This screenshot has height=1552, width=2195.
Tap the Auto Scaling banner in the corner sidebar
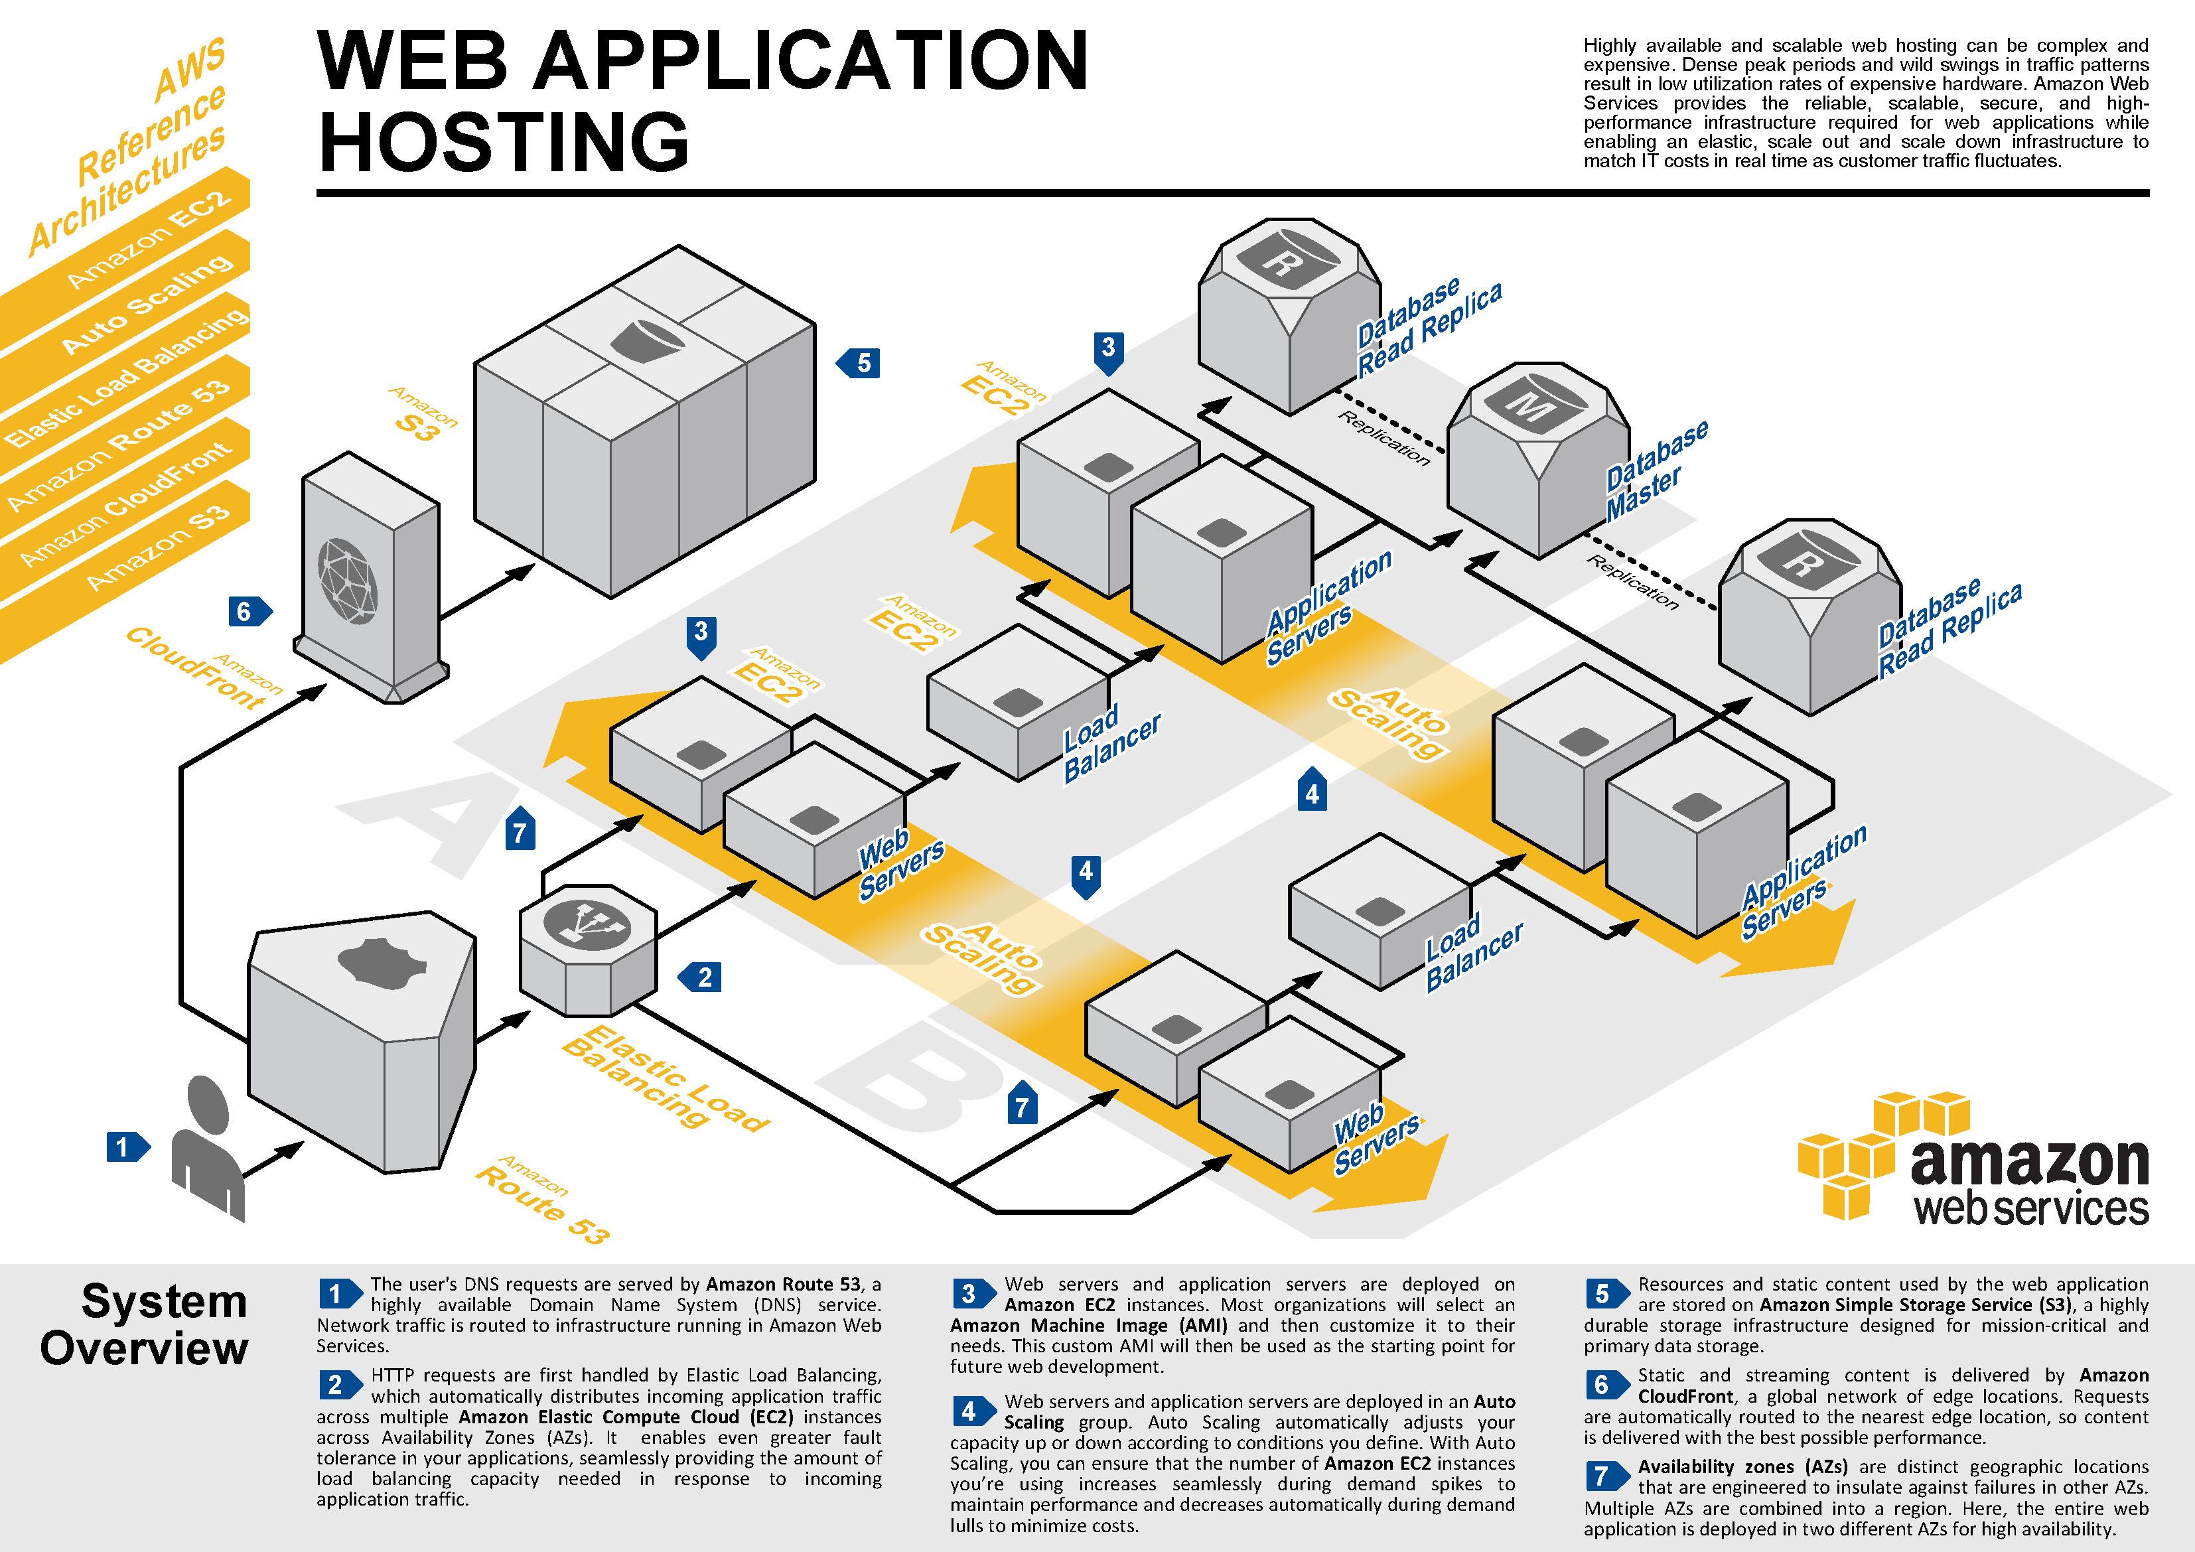pos(143,306)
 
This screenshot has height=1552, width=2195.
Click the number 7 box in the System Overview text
pos(1600,1476)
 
